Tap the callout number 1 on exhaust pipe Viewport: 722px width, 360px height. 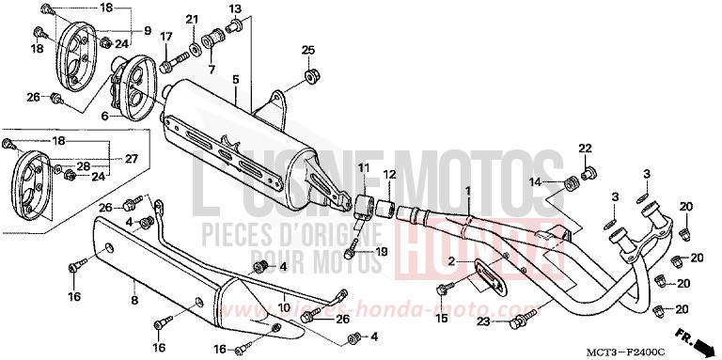tap(464, 191)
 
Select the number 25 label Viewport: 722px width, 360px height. tap(307, 50)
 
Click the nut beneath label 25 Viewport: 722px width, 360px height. tap(308, 73)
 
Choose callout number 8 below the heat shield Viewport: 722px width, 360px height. tap(133, 301)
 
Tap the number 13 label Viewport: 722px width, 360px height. tap(236, 8)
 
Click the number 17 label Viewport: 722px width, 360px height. tap(166, 38)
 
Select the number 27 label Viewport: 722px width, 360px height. tap(132, 159)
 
